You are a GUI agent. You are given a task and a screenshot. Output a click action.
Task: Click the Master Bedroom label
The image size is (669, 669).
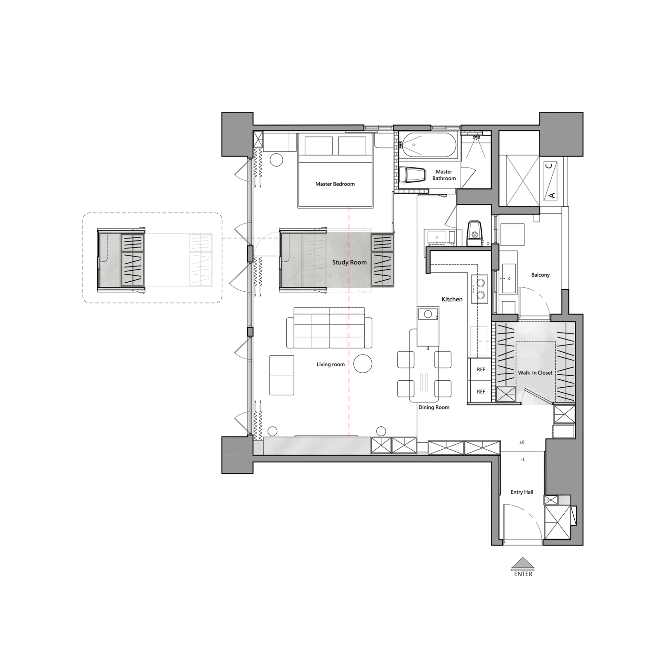point(335,184)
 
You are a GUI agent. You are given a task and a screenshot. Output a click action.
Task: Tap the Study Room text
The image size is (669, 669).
point(350,263)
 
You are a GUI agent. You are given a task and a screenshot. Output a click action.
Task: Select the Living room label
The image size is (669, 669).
point(331,364)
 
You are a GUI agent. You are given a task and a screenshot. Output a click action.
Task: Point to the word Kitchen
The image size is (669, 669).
point(452,299)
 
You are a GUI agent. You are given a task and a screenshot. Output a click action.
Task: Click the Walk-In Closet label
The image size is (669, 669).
point(535,373)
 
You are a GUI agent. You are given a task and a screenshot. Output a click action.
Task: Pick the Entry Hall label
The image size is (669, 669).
point(522,492)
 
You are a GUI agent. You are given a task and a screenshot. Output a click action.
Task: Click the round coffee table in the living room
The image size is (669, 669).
point(363,364)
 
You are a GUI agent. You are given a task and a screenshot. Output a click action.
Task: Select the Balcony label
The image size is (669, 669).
point(540,275)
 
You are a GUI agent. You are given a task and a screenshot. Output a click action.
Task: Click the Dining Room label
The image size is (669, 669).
point(434,407)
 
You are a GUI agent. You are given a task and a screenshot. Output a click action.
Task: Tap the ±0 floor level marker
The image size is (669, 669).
point(522,442)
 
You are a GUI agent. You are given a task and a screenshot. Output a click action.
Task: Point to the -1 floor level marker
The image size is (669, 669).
point(522,459)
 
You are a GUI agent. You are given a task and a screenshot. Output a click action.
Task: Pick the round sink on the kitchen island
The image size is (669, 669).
point(428,314)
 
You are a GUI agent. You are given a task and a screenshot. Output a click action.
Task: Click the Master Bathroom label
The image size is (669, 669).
point(444,175)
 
